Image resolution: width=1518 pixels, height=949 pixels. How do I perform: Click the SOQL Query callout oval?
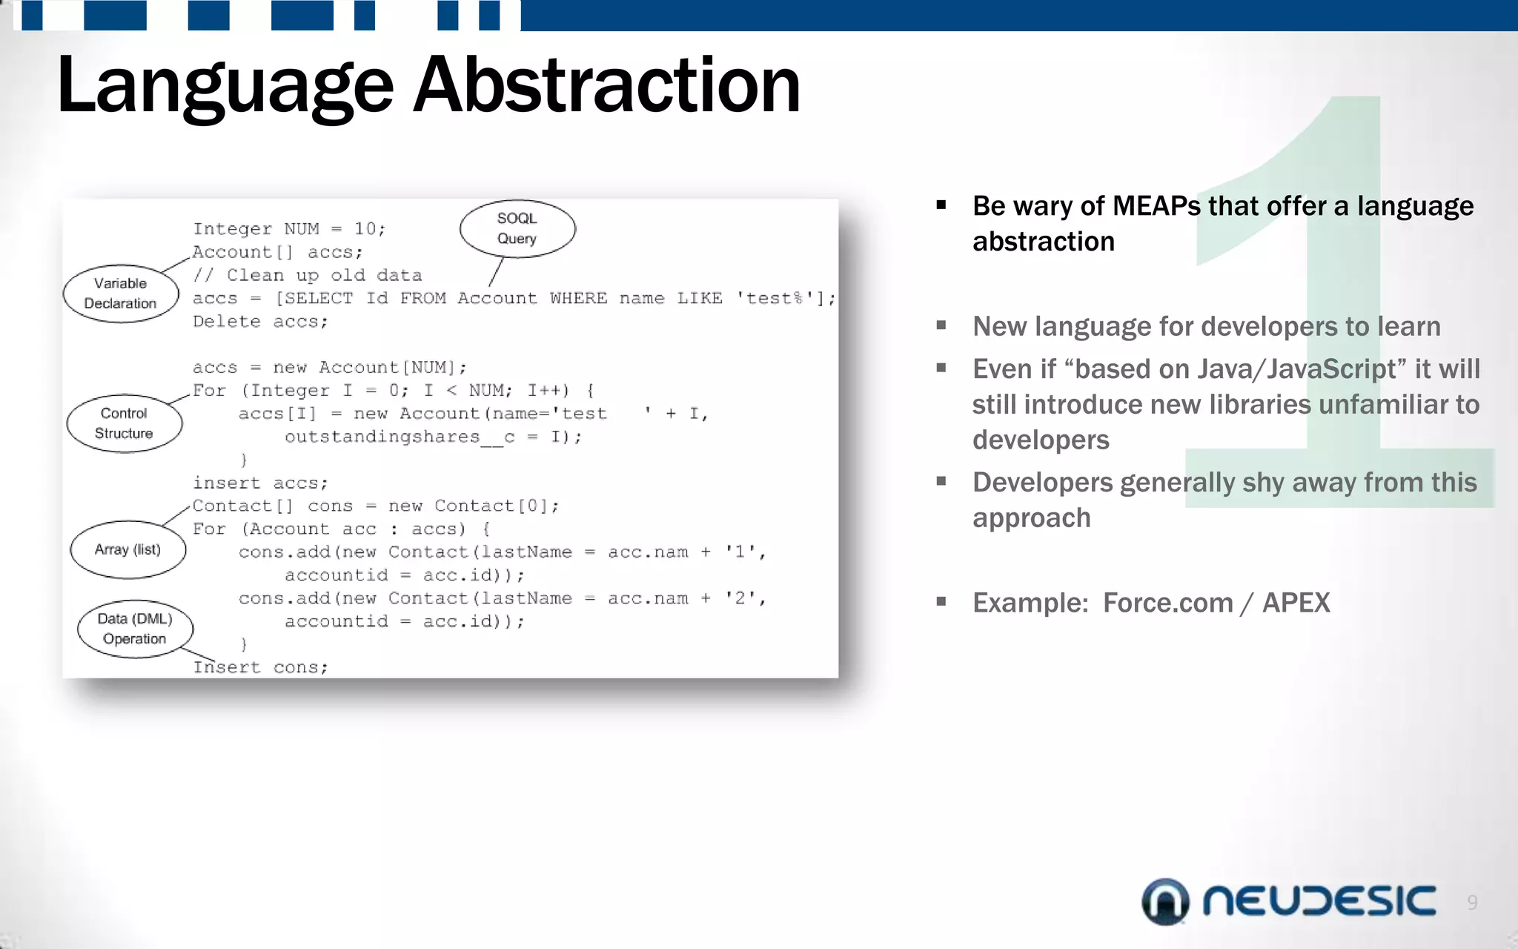pyautogui.click(x=517, y=228)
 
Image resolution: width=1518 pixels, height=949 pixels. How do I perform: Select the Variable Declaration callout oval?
pyautogui.click(x=121, y=294)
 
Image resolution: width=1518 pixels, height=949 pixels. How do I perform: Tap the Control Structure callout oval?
pyautogui.click(x=125, y=423)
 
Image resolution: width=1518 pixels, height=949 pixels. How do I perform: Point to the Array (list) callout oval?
pyautogui.click(x=127, y=549)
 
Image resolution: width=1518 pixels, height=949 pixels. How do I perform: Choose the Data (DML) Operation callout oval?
pyautogui.click(x=135, y=629)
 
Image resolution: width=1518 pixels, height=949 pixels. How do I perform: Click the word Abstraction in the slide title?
pyautogui.click(x=606, y=86)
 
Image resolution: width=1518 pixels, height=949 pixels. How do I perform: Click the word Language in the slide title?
pyautogui.click(x=225, y=86)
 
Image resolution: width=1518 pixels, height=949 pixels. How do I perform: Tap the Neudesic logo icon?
pyautogui.click(x=1165, y=902)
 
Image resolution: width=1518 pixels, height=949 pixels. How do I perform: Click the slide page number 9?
pyautogui.click(x=1472, y=902)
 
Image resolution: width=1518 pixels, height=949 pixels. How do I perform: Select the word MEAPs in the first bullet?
pyautogui.click(x=1156, y=206)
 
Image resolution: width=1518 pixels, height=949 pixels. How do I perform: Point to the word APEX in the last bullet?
pyautogui.click(x=1296, y=603)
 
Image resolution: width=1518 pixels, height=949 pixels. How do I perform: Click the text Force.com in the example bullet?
pyautogui.click(x=1167, y=603)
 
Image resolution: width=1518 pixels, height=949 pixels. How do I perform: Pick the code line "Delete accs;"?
pyautogui.click(x=260, y=322)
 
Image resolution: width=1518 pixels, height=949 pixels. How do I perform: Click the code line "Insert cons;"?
pyautogui.click(x=260, y=667)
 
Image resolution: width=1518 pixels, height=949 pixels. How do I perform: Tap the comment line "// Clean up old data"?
pyautogui.click(x=308, y=276)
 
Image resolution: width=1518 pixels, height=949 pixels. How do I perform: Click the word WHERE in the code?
pyautogui.click(x=578, y=299)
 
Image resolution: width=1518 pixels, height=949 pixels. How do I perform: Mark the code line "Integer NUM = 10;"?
pyautogui.click(x=289, y=229)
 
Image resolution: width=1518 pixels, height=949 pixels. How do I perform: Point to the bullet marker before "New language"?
pyautogui.click(x=941, y=325)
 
